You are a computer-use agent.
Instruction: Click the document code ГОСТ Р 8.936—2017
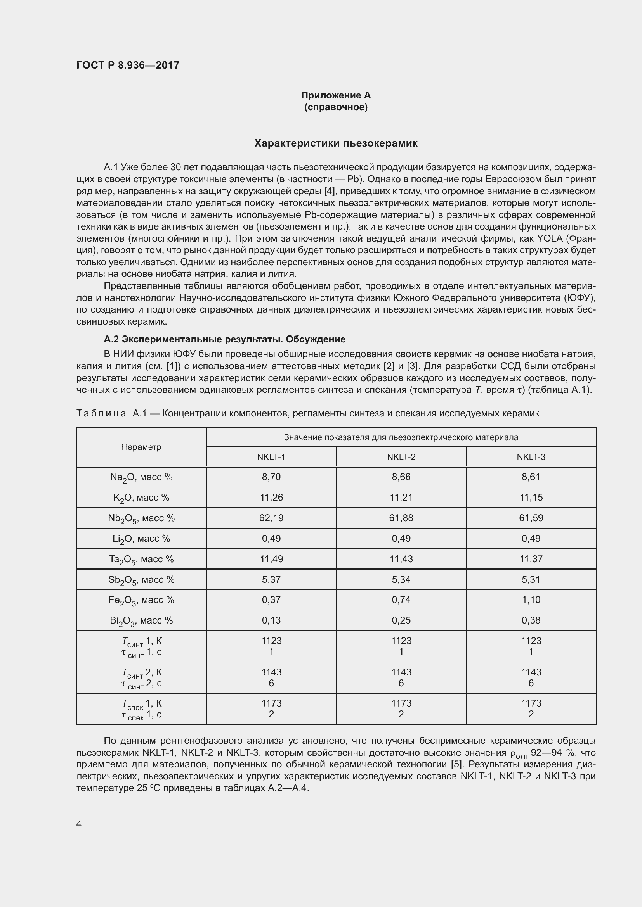128,65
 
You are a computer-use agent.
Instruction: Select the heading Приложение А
336,95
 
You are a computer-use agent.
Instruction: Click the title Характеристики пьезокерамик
336,143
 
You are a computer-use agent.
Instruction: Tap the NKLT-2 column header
401,457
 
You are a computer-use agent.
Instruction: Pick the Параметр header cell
141,447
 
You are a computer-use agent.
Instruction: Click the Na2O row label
141,477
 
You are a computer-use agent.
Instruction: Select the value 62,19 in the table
271,518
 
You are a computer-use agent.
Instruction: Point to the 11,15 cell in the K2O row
531,498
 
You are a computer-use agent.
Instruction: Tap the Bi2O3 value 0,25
401,620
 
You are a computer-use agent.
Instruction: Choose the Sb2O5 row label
141,579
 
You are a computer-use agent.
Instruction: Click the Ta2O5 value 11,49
271,559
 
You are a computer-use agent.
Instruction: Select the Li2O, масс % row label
141,539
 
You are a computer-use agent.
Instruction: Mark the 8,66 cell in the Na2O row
401,477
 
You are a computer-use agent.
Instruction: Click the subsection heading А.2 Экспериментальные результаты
224,339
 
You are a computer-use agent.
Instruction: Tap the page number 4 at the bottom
79,824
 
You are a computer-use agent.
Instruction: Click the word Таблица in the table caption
101,414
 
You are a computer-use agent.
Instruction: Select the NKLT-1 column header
271,457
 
